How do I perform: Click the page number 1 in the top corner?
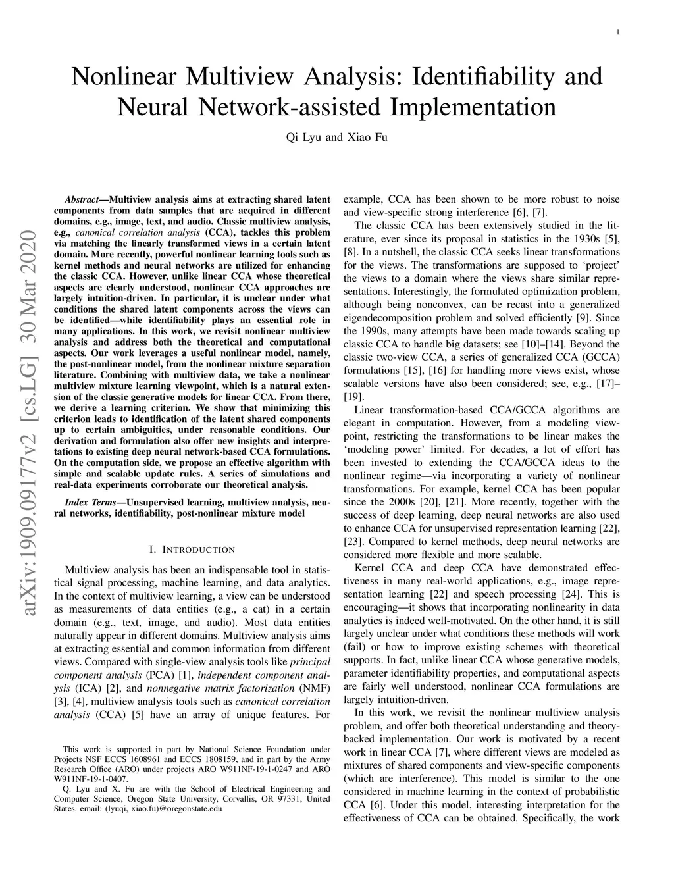click(x=618, y=32)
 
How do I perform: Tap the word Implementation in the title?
click(x=473, y=107)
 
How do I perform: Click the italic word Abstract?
click(x=82, y=199)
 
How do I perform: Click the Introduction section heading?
click(x=192, y=550)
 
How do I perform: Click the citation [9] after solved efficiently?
click(x=584, y=318)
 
